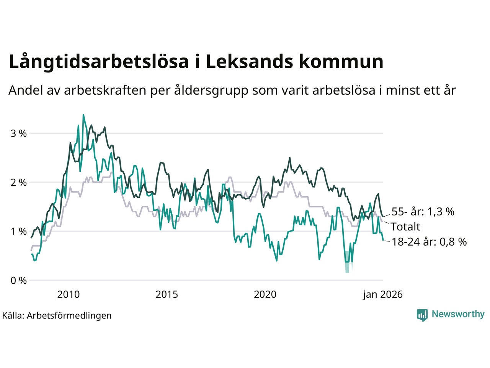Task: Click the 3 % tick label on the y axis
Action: [x=18, y=133]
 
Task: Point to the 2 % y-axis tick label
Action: [x=18, y=182]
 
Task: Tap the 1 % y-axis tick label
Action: [x=18, y=232]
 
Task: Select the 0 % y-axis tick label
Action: [x=18, y=281]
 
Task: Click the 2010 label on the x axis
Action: [x=69, y=294]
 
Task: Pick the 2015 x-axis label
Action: [x=167, y=294]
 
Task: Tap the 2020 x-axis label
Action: [x=265, y=294]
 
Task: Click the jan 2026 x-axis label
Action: [x=383, y=294]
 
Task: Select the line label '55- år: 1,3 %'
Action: [x=423, y=212]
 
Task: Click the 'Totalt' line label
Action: [x=406, y=227]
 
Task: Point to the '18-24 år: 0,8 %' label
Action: [x=429, y=242]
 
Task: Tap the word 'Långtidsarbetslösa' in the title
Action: [x=99, y=62]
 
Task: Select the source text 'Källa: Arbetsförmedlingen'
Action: [x=57, y=315]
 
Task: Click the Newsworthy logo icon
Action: [x=422, y=315]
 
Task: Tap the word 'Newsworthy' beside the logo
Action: [x=458, y=314]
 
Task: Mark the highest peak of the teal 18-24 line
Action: [x=83, y=115]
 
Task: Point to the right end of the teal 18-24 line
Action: [x=383, y=240]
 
